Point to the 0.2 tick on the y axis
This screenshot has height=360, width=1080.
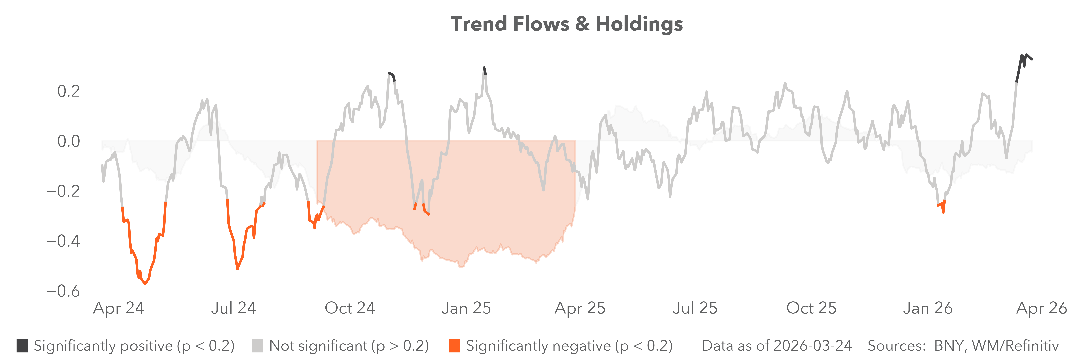[68, 91]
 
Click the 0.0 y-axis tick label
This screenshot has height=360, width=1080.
[68, 141]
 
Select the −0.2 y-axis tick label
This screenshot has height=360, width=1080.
[63, 191]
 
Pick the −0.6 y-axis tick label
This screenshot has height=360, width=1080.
[63, 291]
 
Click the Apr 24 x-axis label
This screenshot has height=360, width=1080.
[119, 308]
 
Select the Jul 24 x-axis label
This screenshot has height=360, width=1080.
[234, 308]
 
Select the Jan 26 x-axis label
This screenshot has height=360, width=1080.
[927, 308]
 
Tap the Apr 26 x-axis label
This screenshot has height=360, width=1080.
[1041, 308]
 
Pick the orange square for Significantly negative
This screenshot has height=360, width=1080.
[454, 346]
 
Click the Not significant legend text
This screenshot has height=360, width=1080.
[349, 346]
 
